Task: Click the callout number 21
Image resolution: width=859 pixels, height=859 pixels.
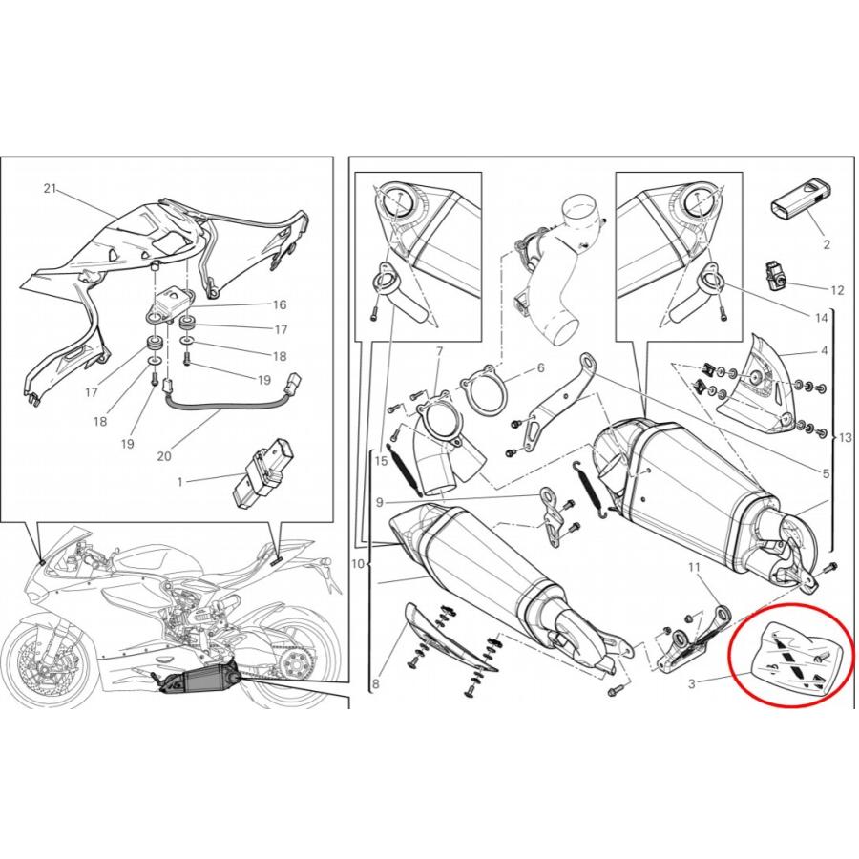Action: click(x=51, y=188)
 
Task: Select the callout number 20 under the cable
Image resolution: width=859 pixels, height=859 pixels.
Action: click(x=164, y=455)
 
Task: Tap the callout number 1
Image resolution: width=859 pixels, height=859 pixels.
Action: click(x=180, y=482)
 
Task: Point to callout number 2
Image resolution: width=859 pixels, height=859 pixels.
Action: click(x=827, y=244)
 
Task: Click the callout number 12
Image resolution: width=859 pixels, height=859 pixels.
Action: click(x=837, y=290)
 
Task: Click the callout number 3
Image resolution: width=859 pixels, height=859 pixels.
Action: click(x=692, y=683)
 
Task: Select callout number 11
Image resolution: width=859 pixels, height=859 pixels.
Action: click(x=694, y=568)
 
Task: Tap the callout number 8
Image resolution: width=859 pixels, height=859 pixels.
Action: click(x=375, y=683)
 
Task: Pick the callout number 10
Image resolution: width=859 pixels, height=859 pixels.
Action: click(x=358, y=563)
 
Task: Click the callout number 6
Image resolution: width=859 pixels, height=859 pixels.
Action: click(x=541, y=367)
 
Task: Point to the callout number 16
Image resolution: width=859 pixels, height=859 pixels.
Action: click(x=280, y=304)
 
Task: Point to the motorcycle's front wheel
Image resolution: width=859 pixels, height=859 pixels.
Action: click(x=54, y=658)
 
